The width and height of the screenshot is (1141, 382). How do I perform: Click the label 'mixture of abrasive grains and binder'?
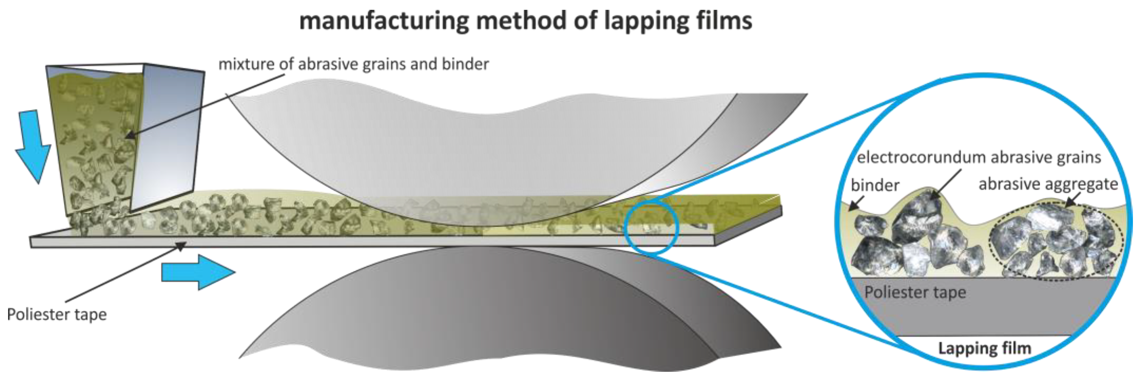(x=354, y=64)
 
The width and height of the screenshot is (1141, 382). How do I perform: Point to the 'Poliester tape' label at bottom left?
(x=57, y=314)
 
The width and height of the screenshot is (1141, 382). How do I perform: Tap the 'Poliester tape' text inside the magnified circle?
(x=915, y=292)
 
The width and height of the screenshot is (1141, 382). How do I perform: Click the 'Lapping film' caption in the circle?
(x=984, y=348)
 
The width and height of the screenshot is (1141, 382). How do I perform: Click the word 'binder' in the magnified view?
(x=875, y=185)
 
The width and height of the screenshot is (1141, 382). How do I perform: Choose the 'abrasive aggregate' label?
(x=1048, y=184)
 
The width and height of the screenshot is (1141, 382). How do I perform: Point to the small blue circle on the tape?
(x=651, y=227)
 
